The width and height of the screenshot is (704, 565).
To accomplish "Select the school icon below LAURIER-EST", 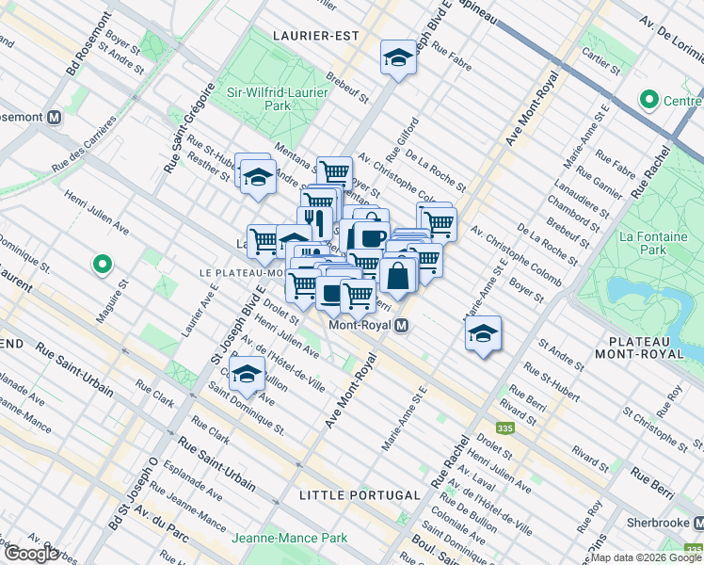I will (398, 58).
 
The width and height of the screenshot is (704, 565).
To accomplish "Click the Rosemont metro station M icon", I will (54, 118).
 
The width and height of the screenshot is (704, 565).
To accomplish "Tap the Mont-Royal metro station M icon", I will (402, 326).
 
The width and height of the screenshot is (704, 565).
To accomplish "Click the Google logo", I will (31, 554).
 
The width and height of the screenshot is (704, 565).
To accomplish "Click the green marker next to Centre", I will (648, 99).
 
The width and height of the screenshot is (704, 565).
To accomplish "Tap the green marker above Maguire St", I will (103, 266).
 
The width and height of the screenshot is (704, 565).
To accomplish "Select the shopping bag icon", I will (398, 276).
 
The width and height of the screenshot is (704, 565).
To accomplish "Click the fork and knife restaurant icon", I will (315, 222).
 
